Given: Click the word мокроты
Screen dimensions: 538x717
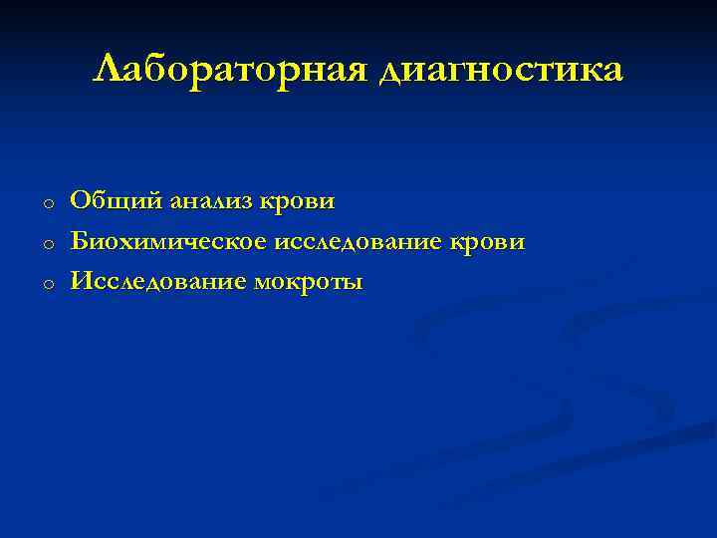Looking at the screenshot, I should tap(309, 283).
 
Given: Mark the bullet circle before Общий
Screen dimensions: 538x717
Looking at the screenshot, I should tap(47, 204).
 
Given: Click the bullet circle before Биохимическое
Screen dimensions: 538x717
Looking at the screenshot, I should tap(47, 244).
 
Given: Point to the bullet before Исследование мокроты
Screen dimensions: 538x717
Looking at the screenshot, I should tap(47, 285).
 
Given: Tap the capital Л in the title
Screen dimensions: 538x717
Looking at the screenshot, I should tap(107, 70).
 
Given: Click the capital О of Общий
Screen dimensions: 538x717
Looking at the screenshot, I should tap(79, 201).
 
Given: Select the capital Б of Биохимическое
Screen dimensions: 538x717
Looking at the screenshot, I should tap(79, 242).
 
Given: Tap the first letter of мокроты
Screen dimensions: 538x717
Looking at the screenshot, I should tap(263, 284).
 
